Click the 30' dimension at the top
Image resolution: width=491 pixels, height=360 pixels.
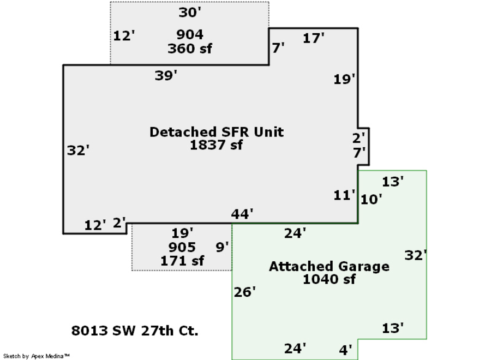pyautogui.click(x=190, y=12)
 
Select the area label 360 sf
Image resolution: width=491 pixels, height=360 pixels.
pyautogui.click(x=189, y=49)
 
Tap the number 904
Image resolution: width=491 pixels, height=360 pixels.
pyautogui.click(x=189, y=35)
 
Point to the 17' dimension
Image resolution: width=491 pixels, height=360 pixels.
pyautogui.click(x=314, y=38)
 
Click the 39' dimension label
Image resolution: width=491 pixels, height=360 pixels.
pyautogui.click(x=166, y=76)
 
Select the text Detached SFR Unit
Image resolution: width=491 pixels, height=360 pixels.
pyautogui.click(x=217, y=132)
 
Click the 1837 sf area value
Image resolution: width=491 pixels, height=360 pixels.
pyautogui.click(x=216, y=145)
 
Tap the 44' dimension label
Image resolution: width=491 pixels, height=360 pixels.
pyautogui.click(x=242, y=214)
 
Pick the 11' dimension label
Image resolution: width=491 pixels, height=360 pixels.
pyautogui.click(x=344, y=195)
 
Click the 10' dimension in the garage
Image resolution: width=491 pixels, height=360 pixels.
pyautogui.click(x=371, y=200)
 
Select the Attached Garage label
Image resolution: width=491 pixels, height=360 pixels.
pyautogui.click(x=329, y=266)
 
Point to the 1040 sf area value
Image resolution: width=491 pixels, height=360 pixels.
pyautogui.click(x=329, y=279)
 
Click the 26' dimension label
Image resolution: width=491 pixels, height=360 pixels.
pyautogui.click(x=244, y=292)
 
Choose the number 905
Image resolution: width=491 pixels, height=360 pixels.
pyautogui.click(x=182, y=248)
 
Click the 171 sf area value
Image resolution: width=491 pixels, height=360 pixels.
pyautogui.click(x=182, y=261)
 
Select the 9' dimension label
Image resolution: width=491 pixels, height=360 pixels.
pyautogui.click(x=221, y=248)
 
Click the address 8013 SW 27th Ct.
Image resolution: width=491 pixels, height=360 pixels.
pyautogui.click(x=135, y=331)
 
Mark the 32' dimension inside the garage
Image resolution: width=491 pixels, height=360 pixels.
pyautogui.click(x=415, y=255)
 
